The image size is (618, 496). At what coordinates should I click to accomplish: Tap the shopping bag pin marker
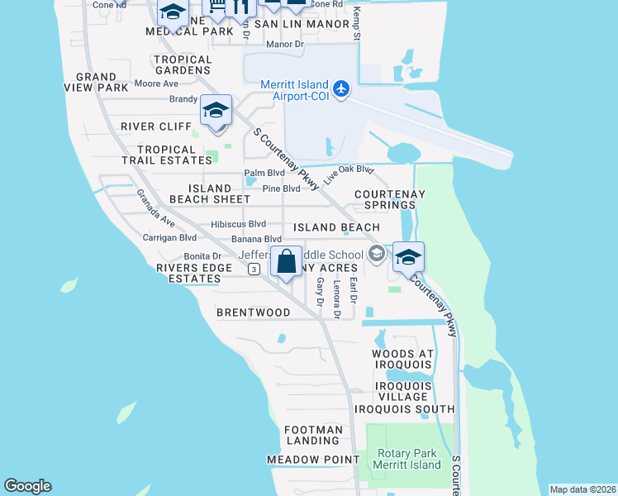[x=286, y=262]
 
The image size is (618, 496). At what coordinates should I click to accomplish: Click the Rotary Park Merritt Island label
[x=408, y=459]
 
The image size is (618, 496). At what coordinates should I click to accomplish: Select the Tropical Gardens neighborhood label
[x=183, y=65]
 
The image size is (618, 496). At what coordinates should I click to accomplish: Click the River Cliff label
[x=156, y=126]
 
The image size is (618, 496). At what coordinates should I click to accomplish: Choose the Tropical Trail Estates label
[x=168, y=155]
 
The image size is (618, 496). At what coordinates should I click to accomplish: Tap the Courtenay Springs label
[x=390, y=199]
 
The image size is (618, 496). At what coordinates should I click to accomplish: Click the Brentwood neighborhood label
[x=254, y=313]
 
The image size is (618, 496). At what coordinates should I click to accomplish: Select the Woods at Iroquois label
[x=402, y=359]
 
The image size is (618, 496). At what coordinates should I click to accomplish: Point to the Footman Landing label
[x=313, y=436]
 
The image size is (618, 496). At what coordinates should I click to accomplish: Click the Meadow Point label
[x=313, y=460]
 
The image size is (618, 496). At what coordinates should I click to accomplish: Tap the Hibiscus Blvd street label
[x=239, y=224]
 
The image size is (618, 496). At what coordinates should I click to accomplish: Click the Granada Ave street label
[x=155, y=209]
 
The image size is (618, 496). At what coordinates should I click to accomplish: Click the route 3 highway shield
[x=254, y=269]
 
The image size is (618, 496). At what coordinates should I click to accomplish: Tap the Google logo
[x=27, y=486]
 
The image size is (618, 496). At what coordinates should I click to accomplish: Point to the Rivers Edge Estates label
[x=188, y=274]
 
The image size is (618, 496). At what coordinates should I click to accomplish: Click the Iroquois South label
[x=404, y=409]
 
